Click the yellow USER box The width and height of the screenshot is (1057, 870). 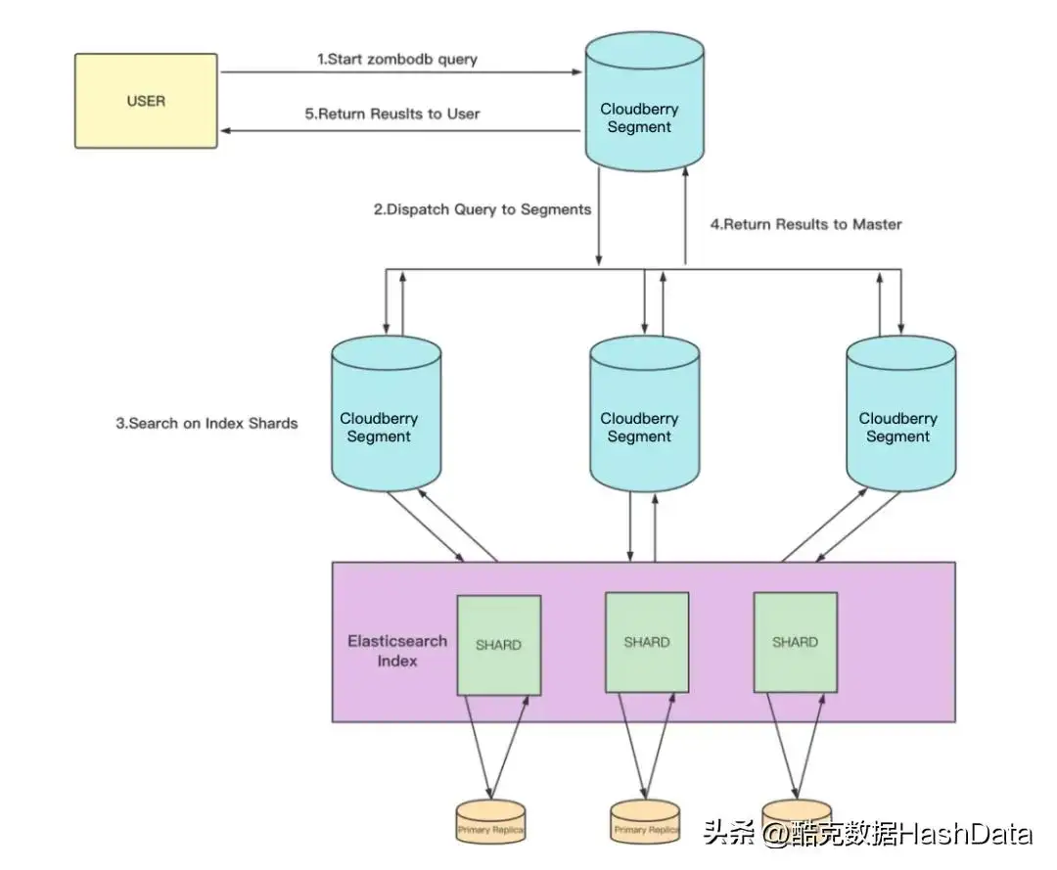point(146,101)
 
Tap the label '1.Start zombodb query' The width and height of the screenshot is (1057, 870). point(397,60)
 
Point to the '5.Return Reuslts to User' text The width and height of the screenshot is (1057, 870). point(392,114)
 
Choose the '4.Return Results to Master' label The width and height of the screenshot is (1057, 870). point(805,224)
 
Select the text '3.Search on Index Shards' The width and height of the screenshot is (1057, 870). point(207,424)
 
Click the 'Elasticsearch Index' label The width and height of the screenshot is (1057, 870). point(397,651)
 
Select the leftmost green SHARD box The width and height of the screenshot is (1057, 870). point(499,645)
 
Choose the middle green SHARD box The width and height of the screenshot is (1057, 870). point(647,642)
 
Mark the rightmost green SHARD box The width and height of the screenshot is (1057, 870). point(795,642)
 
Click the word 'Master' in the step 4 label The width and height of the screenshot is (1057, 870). point(877,224)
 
